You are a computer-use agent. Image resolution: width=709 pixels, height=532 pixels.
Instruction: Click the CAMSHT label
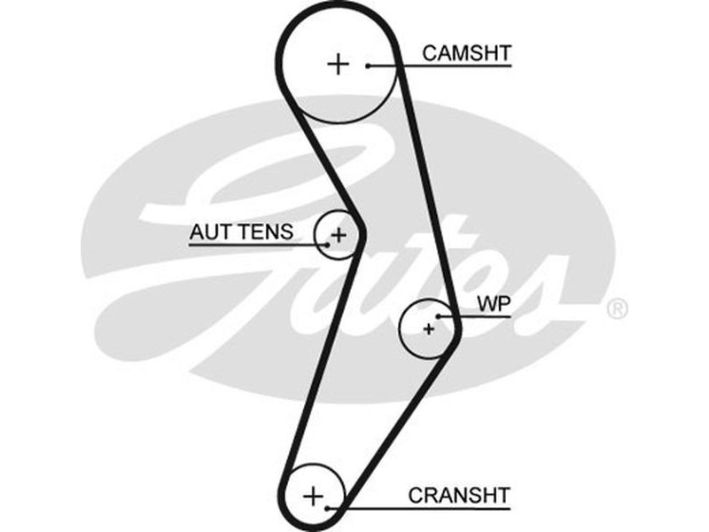466,53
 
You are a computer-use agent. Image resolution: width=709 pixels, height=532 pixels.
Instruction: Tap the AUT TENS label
240,232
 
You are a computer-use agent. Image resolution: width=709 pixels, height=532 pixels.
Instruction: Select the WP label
495,303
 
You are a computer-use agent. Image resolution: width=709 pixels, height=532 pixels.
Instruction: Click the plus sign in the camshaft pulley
338,64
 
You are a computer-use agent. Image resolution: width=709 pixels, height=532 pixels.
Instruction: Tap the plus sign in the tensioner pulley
337,235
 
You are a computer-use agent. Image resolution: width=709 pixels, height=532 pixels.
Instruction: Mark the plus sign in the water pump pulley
429,329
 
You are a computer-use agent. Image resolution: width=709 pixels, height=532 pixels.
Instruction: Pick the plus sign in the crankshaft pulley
313,495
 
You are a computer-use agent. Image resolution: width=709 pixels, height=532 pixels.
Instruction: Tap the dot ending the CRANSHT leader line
329,508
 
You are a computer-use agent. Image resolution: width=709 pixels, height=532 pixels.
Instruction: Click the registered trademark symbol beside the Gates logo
617,309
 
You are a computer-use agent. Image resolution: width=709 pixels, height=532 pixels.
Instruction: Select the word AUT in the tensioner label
206,232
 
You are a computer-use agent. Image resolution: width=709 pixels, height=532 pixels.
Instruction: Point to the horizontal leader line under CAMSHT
443,65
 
